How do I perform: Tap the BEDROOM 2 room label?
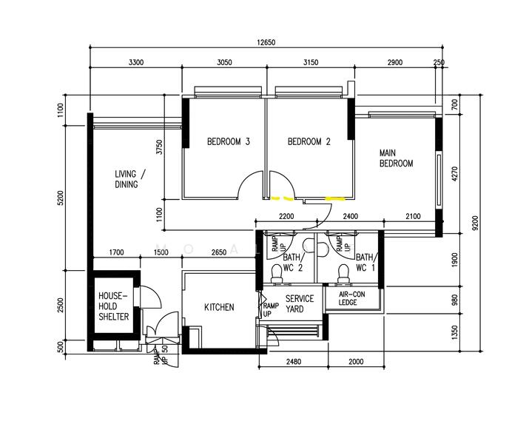point(308,142)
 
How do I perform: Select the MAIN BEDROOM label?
point(396,158)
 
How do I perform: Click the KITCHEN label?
point(219,307)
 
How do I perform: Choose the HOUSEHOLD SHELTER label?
point(113,306)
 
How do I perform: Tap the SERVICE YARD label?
point(300,304)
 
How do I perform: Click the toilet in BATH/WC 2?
point(277,274)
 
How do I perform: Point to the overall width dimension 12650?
point(266,43)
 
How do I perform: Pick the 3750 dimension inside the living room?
point(158,147)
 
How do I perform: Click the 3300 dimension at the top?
point(135,63)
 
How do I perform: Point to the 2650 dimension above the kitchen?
point(218,252)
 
